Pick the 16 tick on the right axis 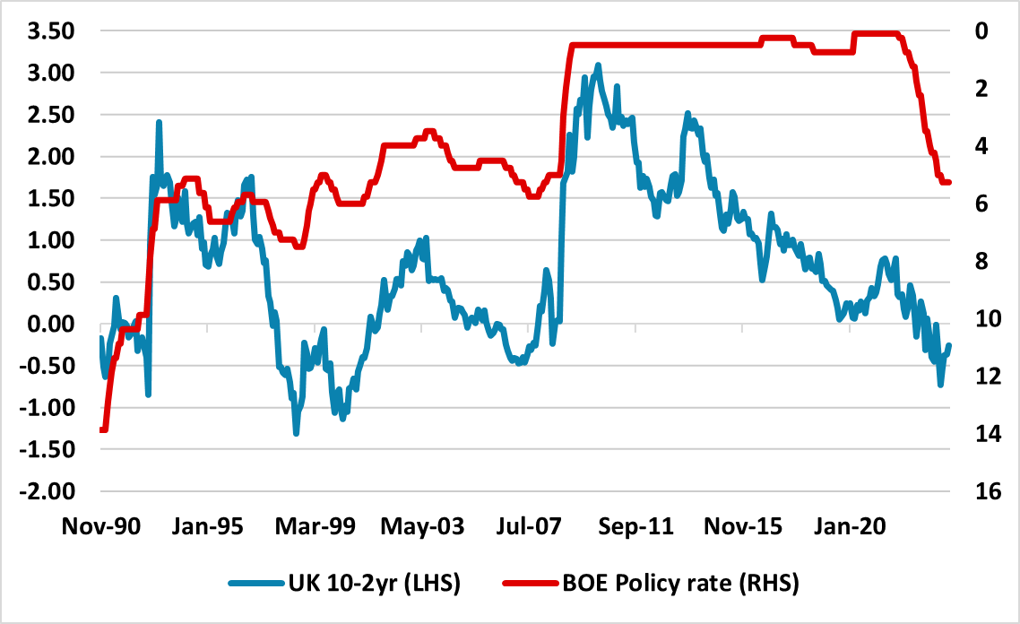(x=980, y=492)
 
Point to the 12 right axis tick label (x=980, y=377)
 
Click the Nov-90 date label (x=100, y=527)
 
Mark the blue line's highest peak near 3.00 (x=598, y=65)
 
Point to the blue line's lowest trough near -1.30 (x=296, y=433)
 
